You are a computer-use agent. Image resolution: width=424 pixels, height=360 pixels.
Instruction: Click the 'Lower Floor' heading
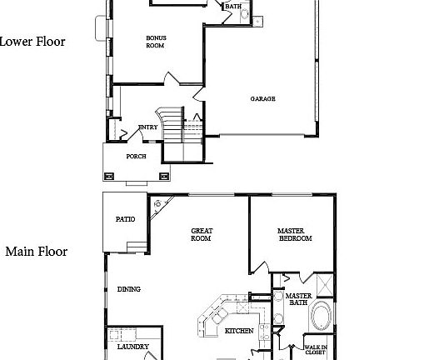(32, 41)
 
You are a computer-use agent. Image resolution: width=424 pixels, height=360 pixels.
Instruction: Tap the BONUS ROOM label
(155, 42)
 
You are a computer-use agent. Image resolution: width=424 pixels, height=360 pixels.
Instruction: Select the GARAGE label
(262, 99)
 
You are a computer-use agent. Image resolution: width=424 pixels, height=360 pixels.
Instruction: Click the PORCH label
(136, 156)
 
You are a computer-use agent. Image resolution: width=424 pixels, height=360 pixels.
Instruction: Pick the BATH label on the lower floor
(233, 7)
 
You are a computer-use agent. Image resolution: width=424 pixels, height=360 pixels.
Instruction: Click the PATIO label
(126, 219)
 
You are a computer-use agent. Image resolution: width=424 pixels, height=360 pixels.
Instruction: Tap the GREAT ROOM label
(202, 235)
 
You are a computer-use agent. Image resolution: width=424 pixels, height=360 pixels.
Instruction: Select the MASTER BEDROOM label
(295, 235)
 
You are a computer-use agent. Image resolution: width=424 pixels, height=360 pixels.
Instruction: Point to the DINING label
(129, 289)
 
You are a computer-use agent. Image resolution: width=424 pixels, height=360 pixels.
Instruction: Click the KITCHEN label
(239, 331)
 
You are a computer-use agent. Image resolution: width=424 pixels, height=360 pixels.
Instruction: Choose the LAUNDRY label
(132, 347)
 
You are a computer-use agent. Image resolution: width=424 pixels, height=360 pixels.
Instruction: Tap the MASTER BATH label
(298, 298)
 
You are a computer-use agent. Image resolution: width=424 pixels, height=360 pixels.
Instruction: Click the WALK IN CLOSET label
(315, 350)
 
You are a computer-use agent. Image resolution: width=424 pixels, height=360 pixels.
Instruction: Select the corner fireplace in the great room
(160, 204)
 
